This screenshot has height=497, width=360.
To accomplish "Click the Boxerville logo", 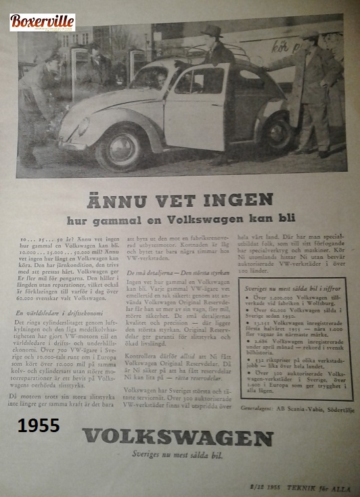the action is [x=42, y=22].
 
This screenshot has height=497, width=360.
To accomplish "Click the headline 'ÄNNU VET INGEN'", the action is [x=180, y=200].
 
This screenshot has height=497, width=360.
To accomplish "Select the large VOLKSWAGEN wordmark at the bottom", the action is [x=177, y=437].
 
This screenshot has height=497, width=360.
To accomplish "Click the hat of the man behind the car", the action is [x=212, y=30].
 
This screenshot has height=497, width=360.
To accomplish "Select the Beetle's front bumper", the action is [x=71, y=144].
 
